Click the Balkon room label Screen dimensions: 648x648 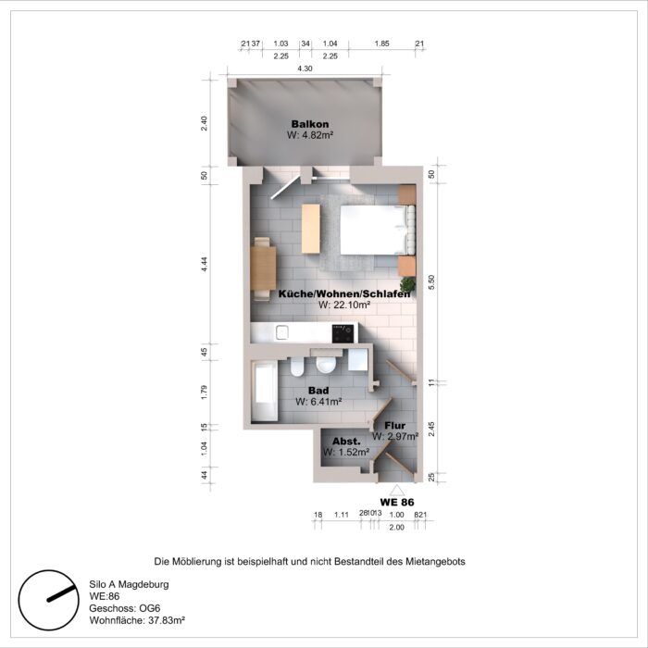click(309, 124)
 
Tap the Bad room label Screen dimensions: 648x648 click(318, 391)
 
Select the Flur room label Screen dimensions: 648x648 click(395, 424)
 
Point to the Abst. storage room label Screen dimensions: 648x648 click(346, 442)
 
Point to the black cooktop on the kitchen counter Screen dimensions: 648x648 click(344, 333)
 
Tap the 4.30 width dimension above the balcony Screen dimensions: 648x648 click(304, 69)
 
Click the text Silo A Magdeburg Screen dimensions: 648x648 click(129, 585)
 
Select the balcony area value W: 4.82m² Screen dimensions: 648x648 click(309, 135)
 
